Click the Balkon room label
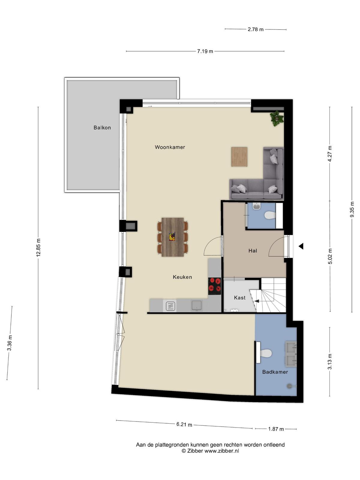[102, 127]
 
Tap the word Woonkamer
[170, 147]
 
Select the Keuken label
[182, 277]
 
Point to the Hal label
[253, 250]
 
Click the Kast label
[240, 298]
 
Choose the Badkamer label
[275, 372]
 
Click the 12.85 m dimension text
[38, 247]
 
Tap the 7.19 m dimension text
[205, 51]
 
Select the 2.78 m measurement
[256, 29]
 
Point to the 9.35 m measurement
[352, 209]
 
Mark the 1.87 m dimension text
[276, 429]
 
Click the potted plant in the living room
[277, 118]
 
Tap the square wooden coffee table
[239, 157]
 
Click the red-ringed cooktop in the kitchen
[214, 286]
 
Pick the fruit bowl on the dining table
[172, 237]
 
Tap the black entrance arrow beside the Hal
[301, 247]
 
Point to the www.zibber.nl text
[222, 451]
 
